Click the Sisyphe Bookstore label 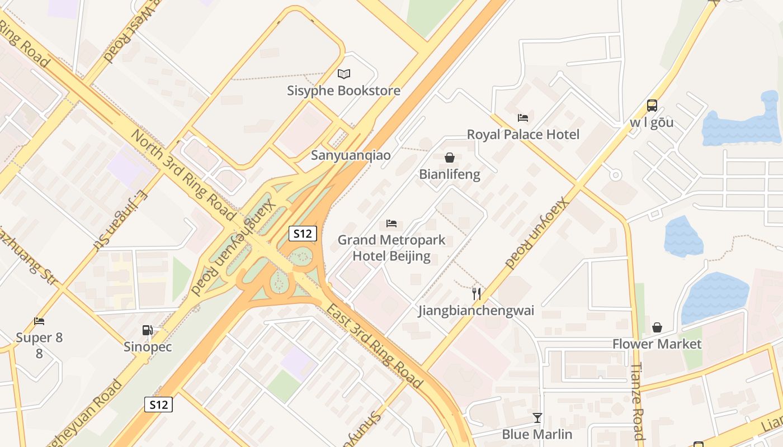click(343, 91)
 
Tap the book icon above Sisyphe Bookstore click(344, 74)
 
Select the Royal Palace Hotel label click(523, 134)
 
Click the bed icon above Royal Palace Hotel click(523, 117)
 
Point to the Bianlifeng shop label click(450, 174)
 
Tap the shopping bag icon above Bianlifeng click(449, 158)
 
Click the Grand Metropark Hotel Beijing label click(391, 248)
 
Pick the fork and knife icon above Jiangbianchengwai click(477, 293)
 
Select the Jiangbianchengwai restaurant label click(477, 311)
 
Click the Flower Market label click(657, 344)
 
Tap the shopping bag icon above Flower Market click(657, 327)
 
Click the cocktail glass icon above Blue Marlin click(537, 417)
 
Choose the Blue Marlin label click(537, 434)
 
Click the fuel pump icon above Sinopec click(148, 330)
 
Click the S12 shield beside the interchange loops click(303, 234)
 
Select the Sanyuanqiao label click(351, 155)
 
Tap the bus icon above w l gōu click(652, 105)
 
